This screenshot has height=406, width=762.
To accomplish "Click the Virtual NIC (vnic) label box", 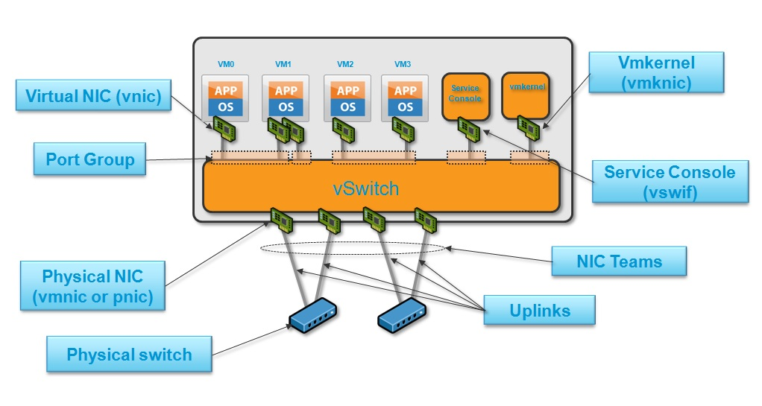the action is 93,95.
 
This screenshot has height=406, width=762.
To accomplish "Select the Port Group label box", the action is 90,159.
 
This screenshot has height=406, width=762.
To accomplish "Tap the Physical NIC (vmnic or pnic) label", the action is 92,285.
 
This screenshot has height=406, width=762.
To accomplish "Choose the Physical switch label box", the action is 129,354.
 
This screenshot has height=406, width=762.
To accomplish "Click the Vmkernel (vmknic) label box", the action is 657,72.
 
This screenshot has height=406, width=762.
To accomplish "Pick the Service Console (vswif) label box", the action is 670,182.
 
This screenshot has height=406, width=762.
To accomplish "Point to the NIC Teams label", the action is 619,261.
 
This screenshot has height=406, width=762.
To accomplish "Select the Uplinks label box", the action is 539,310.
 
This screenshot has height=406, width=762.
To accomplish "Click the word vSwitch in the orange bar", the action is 366,188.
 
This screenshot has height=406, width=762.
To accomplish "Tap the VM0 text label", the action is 226,64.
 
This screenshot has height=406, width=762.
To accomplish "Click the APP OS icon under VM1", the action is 286,98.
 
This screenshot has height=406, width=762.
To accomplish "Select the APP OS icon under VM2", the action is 347,98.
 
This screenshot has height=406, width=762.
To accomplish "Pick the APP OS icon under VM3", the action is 405,98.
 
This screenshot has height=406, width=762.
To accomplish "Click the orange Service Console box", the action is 465,97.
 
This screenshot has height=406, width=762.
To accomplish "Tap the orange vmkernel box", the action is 526,95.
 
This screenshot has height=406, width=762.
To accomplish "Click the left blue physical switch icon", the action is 313,316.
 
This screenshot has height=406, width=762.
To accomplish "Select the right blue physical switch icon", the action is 402,316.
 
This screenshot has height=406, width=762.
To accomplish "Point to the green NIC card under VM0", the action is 224,128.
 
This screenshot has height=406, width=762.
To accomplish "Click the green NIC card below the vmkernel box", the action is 528,127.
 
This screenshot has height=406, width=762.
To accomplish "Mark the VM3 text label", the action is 403,64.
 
